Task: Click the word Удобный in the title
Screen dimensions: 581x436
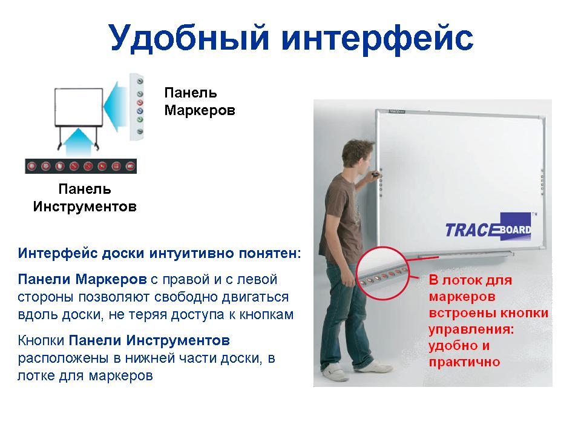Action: point(189,38)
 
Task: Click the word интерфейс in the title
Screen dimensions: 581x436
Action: point(377,38)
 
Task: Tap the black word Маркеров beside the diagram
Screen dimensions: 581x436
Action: point(200,110)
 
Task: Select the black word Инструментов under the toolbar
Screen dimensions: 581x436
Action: point(85,206)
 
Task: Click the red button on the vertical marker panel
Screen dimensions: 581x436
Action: point(140,103)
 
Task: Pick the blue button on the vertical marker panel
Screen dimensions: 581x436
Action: point(140,111)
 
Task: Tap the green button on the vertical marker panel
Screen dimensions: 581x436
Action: point(140,119)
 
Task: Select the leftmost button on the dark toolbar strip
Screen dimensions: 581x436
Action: point(32,166)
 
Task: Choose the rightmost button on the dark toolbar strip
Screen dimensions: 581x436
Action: point(130,166)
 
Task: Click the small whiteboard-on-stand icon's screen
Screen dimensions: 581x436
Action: point(79,107)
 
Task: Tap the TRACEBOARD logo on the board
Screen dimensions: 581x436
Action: point(488,226)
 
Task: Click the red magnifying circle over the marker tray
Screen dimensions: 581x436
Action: point(382,247)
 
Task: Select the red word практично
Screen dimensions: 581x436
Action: point(464,362)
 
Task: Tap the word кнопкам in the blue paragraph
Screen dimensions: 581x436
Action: point(266,315)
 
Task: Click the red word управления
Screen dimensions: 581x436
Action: point(471,329)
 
